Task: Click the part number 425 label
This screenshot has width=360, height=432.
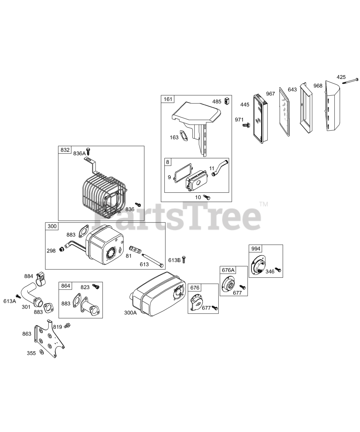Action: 341,77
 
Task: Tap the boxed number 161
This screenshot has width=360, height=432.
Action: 167,99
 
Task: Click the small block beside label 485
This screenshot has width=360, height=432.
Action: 227,101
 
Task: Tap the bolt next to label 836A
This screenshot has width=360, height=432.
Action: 88,151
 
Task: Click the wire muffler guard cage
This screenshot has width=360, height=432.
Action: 103,193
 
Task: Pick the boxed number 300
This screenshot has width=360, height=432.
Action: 52,226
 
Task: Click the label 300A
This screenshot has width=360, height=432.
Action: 130,313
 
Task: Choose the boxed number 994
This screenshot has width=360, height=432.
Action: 256,248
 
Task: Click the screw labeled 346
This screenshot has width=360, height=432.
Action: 278,269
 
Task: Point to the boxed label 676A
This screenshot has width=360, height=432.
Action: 228,270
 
